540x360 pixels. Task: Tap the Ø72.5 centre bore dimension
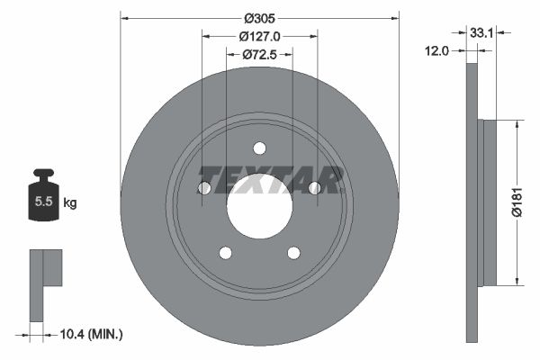tap(259, 56)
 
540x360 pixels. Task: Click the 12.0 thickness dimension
tap(436, 51)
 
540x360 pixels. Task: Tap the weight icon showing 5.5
tap(42, 197)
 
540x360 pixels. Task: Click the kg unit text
tap(70, 202)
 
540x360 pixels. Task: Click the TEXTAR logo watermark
tap(270, 180)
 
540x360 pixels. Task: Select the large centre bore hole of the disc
tap(259, 206)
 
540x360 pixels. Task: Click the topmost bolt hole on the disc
tap(259, 148)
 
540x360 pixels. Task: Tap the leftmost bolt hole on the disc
tap(203, 188)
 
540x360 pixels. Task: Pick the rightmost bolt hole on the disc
tap(315, 188)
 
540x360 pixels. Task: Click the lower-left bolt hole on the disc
tap(225, 253)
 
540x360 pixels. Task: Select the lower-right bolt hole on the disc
tap(293, 253)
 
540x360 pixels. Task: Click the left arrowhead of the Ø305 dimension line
tap(124, 16)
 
